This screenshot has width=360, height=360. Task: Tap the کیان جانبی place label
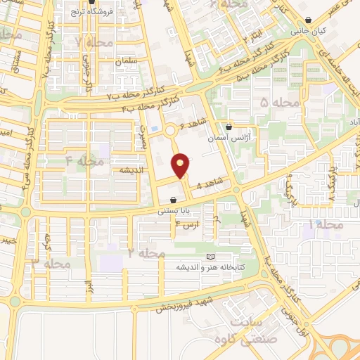point(309,32)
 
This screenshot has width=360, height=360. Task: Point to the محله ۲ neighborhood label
point(147,252)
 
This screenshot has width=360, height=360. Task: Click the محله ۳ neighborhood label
point(48,262)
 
